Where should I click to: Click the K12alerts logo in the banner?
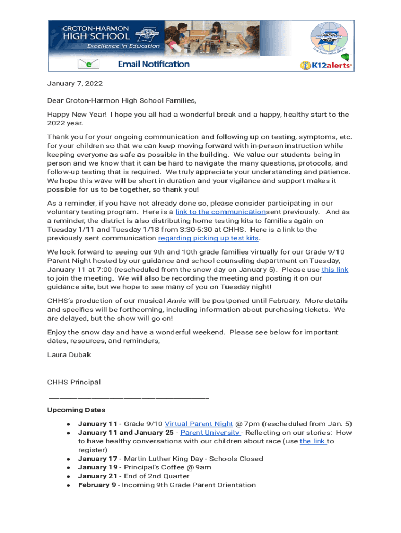coord(326,65)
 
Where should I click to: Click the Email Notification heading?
coord(154,64)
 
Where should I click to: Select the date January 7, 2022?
coord(75,83)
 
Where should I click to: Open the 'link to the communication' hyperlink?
coord(220,212)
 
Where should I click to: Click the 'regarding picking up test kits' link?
coord(208,238)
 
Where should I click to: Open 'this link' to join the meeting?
coord(335,270)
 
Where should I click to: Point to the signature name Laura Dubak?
coord(69,355)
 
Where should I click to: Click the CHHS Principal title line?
coord(74,382)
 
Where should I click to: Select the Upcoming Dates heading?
coord(76,410)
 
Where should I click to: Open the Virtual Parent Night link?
coord(198,424)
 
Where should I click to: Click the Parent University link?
coord(210,433)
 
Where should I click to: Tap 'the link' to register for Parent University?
coord(312,441)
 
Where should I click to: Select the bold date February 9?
coord(97,485)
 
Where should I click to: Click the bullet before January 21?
coord(68,476)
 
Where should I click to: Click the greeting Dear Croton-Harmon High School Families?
coord(122,100)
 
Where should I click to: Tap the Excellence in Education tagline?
coord(123,46)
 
